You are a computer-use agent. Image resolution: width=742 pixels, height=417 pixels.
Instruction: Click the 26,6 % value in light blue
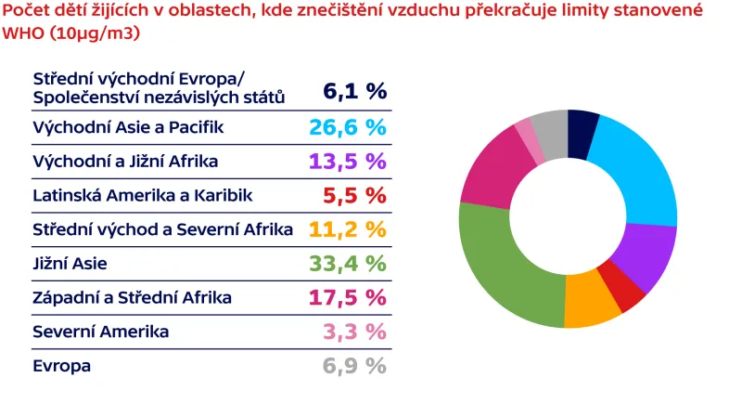click(x=347, y=126)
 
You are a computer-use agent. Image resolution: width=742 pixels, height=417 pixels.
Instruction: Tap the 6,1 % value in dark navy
click(x=354, y=91)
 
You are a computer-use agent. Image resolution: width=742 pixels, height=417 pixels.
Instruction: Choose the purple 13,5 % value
click(x=347, y=161)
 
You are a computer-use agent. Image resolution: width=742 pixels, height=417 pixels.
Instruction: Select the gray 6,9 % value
click(x=353, y=366)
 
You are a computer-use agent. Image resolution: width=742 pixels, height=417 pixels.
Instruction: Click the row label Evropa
click(x=61, y=366)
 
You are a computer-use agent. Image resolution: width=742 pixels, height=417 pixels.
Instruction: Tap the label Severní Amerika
click(x=100, y=332)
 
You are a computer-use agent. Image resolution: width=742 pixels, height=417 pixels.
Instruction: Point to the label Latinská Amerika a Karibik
click(x=142, y=195)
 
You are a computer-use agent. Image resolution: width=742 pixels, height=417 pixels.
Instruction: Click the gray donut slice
click(x=550, y=124)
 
